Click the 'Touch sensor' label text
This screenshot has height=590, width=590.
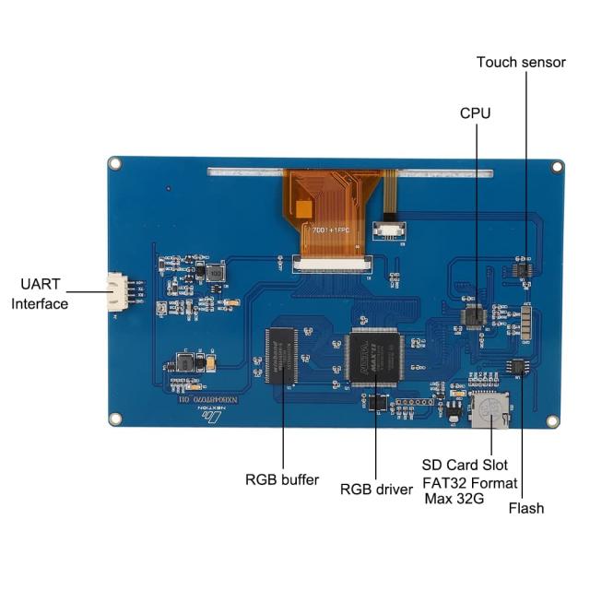click(x=521, y=62)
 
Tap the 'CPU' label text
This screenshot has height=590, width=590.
click(x=475, y=112)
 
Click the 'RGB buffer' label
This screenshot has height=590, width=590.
click(x=282, y=479)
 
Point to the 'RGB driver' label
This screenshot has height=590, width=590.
click(x=376, y=490)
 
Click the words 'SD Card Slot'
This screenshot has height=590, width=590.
click(x=465, y=465)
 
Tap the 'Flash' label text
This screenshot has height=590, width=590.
click(x=526, y=508)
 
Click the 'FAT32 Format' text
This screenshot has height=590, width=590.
click(x=470, y=482)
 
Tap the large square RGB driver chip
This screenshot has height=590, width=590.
click(x=375, y=356)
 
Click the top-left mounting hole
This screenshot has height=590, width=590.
click(x=114, y=163)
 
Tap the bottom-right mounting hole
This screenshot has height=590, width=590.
click(x=554, y=420)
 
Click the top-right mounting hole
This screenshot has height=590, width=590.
click(x=557, y=167)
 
